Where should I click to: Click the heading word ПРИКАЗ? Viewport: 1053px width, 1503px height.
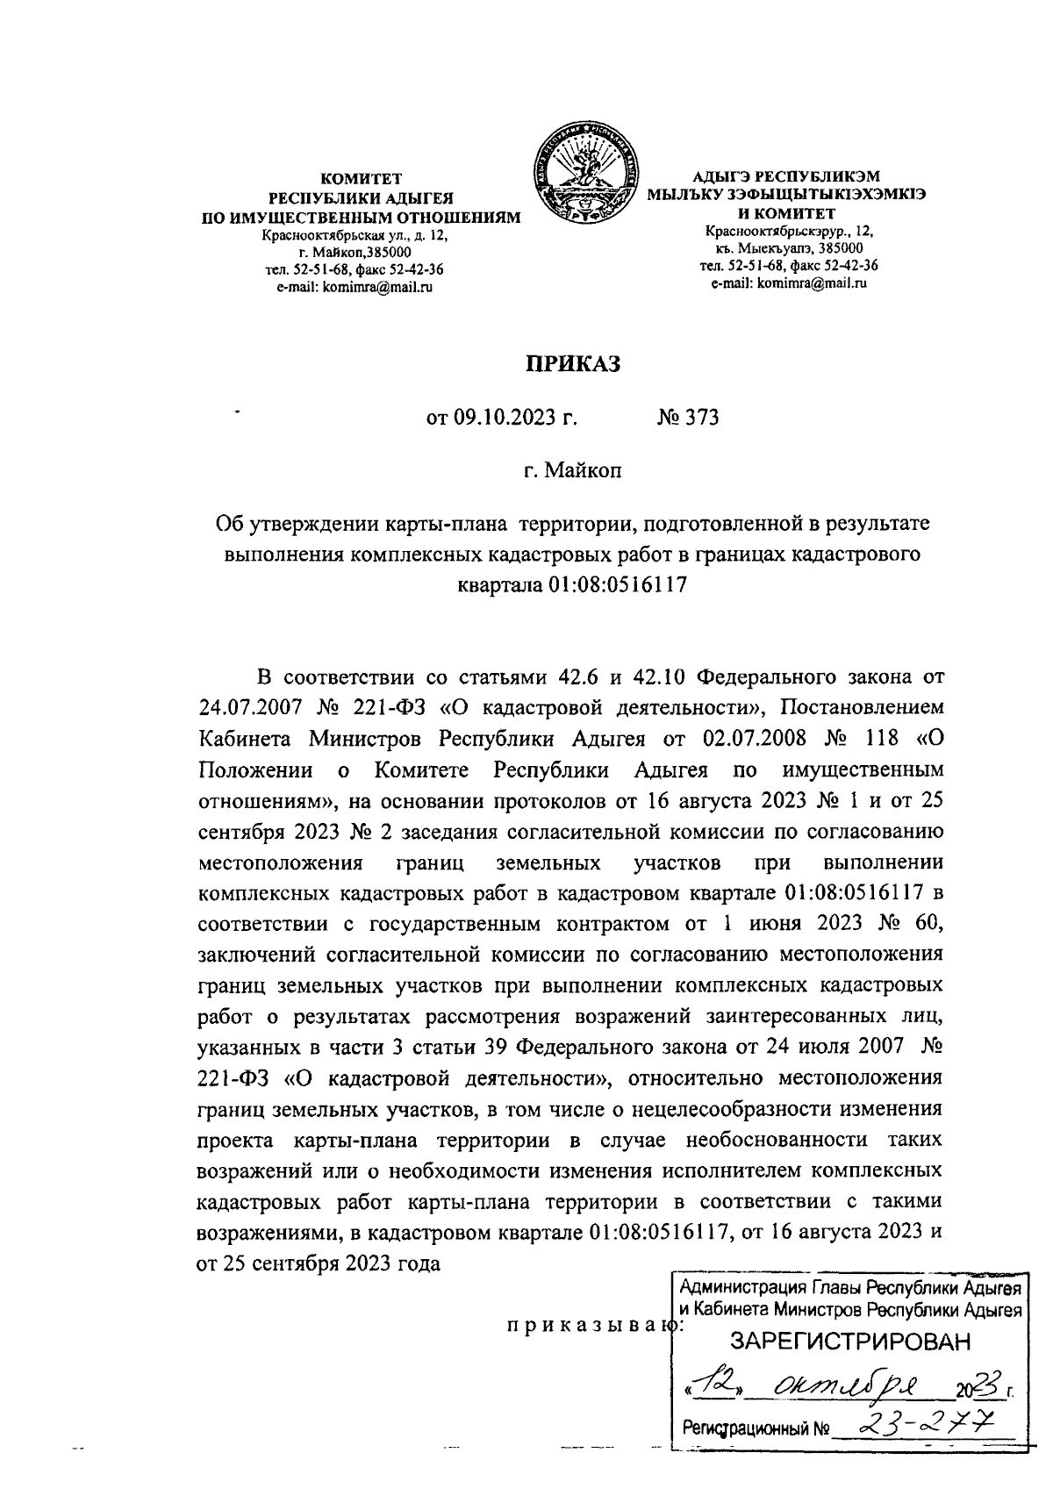point(572,363)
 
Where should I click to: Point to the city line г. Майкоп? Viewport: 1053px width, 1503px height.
point(573,471)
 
